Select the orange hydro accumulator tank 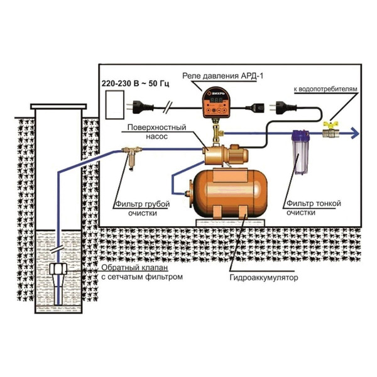click(229, 188)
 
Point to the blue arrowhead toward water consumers click(356, 133)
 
